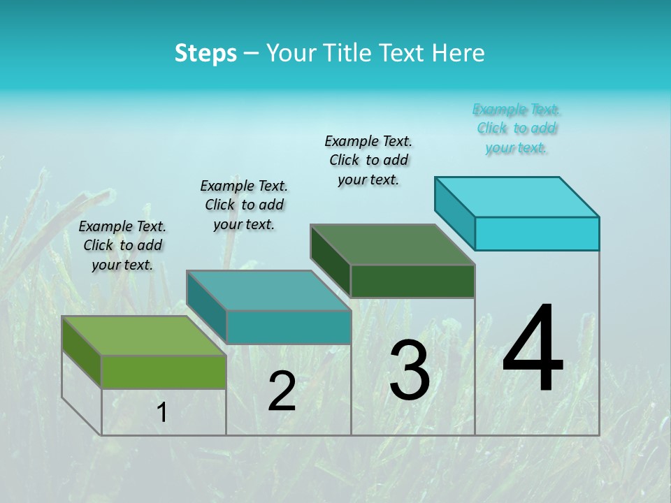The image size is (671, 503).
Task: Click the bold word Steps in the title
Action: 205,53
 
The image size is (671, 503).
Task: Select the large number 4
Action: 533,349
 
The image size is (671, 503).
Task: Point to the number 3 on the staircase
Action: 409,370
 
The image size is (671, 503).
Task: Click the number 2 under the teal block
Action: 282,391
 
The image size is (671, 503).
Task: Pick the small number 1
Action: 161,412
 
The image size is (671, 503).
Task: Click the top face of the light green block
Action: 143,335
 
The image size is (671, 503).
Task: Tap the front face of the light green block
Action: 164,372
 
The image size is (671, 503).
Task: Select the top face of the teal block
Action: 268,290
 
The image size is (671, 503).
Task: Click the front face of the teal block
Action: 288,327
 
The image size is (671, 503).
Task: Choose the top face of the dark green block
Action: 392,245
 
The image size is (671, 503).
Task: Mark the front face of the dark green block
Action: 412,281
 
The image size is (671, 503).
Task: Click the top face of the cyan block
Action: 517,196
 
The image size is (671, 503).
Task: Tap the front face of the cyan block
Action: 537,233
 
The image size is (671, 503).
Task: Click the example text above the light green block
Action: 122,245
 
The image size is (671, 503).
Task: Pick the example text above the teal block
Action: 244,205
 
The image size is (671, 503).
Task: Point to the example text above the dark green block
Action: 368,160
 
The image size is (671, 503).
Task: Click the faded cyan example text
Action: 517,128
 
